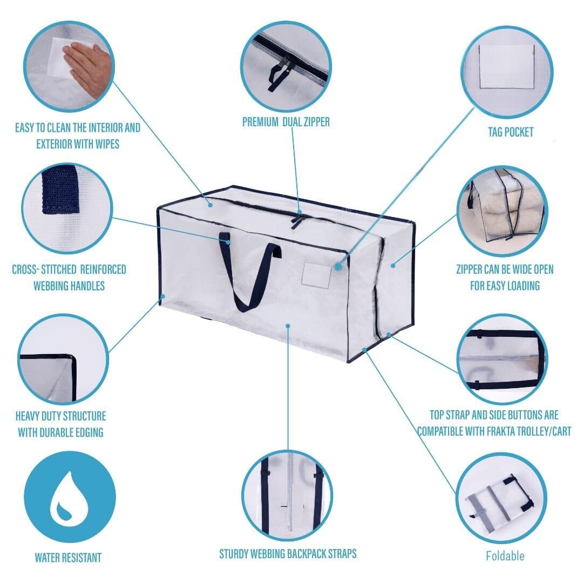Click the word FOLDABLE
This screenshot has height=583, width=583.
505,555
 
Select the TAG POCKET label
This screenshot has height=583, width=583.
510,132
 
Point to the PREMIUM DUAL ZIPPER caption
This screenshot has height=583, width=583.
286,122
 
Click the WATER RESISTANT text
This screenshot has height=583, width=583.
68,558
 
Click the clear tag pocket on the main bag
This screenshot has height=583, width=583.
316,275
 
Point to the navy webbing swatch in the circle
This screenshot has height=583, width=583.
61,192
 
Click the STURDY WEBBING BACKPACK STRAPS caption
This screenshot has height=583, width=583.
288,554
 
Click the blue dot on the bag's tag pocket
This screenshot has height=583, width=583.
338,266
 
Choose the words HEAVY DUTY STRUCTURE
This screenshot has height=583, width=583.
61,416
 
